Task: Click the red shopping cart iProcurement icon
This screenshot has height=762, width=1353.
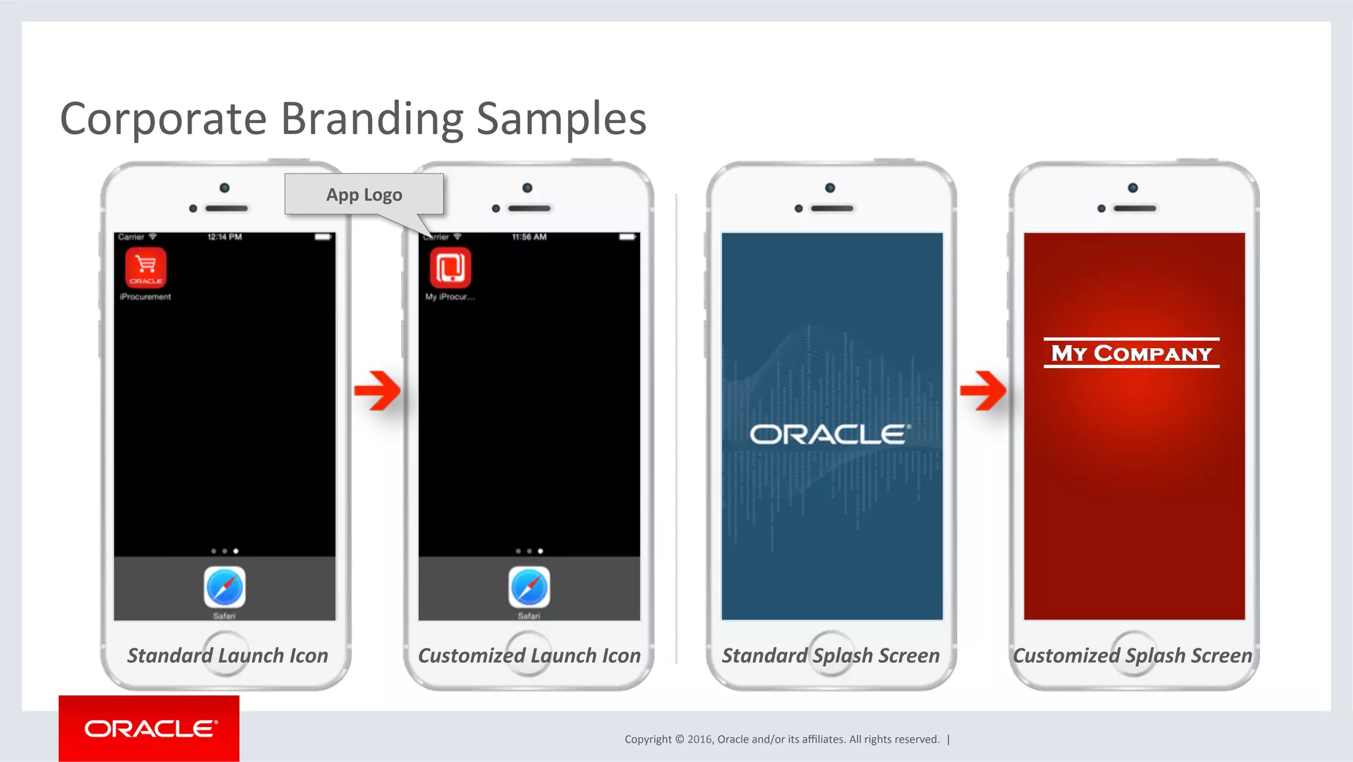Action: point(146,268)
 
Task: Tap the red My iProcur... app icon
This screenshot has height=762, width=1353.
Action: point(451,268)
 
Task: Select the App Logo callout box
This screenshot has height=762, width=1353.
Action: point(364,194)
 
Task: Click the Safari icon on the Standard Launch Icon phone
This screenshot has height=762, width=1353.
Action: point(225,587)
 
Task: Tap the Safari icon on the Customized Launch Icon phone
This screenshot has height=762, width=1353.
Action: point(529,587)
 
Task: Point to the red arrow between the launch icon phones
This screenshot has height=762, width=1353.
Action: point(377,391)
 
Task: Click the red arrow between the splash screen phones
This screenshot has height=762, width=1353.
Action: point(983,391)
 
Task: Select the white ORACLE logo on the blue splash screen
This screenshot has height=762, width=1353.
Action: point(830,434)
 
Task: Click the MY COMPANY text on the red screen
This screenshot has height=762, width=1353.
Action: point(1132,354)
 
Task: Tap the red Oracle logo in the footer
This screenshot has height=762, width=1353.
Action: point(149,728)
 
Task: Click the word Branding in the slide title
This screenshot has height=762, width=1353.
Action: point(373,119)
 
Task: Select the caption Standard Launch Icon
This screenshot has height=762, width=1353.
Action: point(228,656)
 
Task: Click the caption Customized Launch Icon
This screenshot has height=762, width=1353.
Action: point(529,656)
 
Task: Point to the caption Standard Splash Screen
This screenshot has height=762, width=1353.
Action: point(830,656)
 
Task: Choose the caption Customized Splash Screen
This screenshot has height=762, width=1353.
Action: point(1132,656)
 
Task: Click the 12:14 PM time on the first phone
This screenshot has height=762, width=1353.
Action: point(225,237)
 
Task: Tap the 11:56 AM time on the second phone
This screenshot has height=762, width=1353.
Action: point(529,237)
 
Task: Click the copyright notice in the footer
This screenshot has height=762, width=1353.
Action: point(782,740)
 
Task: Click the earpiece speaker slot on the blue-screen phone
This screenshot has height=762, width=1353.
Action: point(832,208)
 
